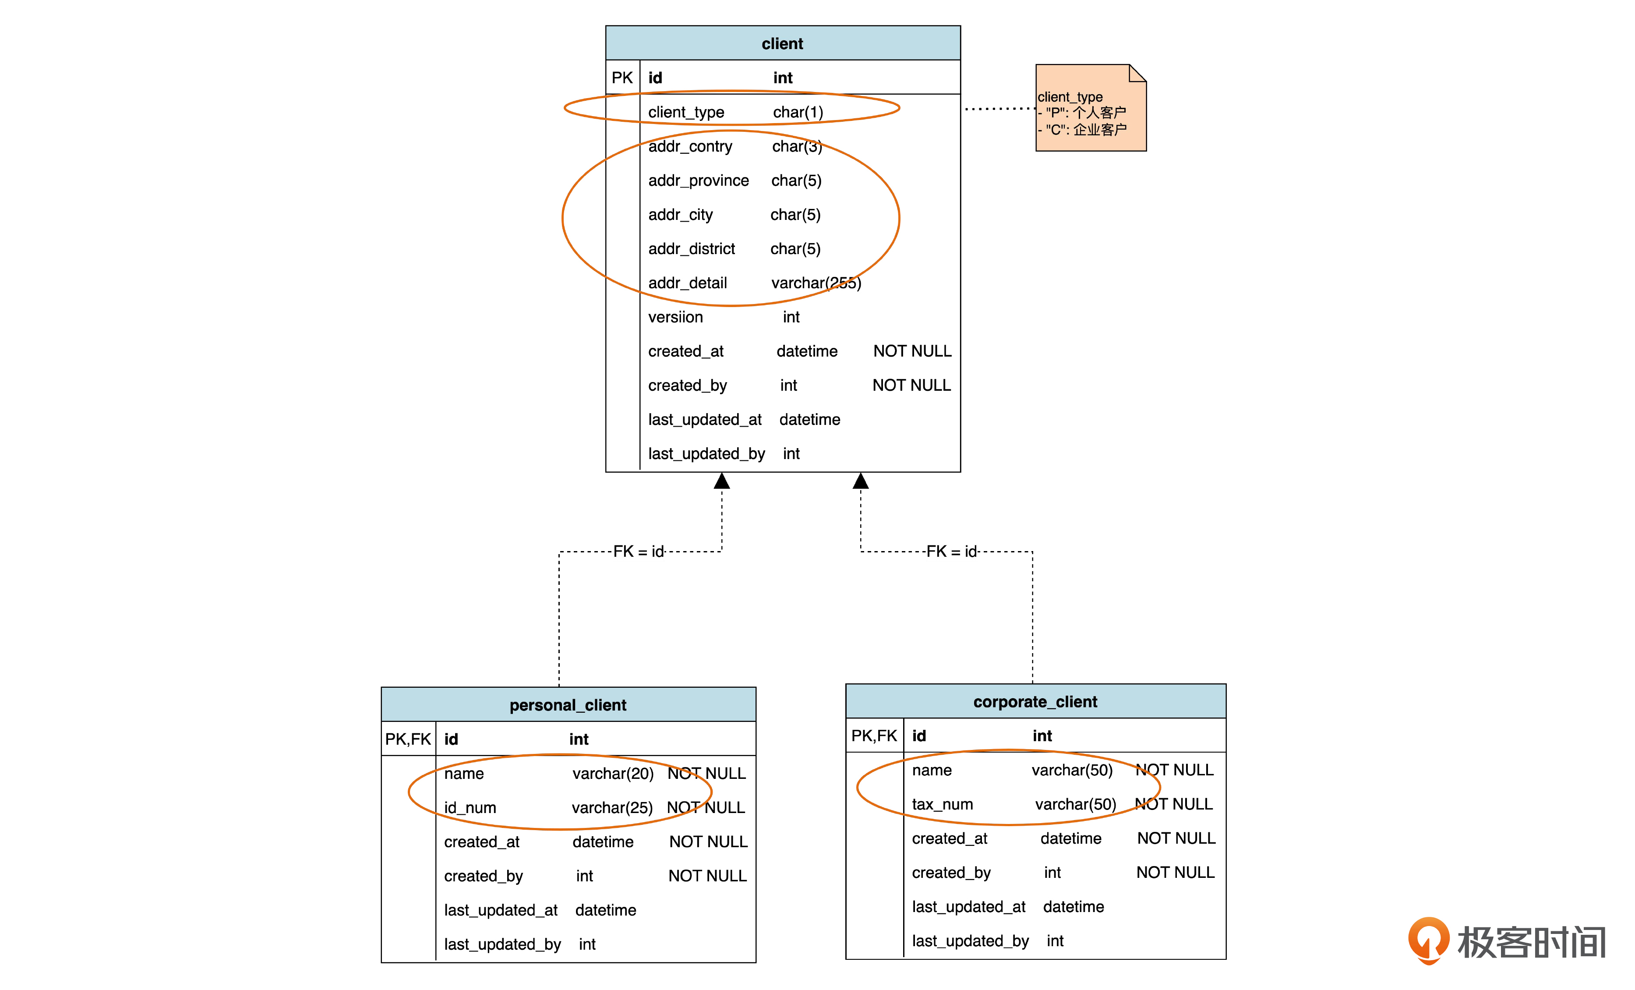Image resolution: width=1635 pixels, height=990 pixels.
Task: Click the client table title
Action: coord(782,44)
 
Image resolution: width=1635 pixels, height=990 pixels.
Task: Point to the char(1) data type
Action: coord(798,112)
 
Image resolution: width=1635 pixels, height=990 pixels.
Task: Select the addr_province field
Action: coord(698,180)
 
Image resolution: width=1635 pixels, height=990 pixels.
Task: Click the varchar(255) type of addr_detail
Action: coord(816,283)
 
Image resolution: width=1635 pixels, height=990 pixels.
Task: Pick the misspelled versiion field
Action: coord(675,317)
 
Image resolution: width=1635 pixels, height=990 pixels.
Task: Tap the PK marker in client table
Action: coord(622,78)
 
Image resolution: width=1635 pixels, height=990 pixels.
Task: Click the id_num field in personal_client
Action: coord(470,807)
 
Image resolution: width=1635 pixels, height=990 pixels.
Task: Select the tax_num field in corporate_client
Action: coord(942,804)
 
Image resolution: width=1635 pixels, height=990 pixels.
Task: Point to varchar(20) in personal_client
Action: coord(612,774)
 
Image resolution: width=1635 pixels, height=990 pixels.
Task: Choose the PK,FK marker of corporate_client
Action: coord(873,736)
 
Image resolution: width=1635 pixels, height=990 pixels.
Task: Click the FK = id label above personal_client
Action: coord(638,552)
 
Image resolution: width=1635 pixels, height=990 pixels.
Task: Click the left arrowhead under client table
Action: coord(721,481)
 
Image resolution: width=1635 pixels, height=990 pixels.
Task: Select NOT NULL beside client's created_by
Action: coord(911,385)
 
